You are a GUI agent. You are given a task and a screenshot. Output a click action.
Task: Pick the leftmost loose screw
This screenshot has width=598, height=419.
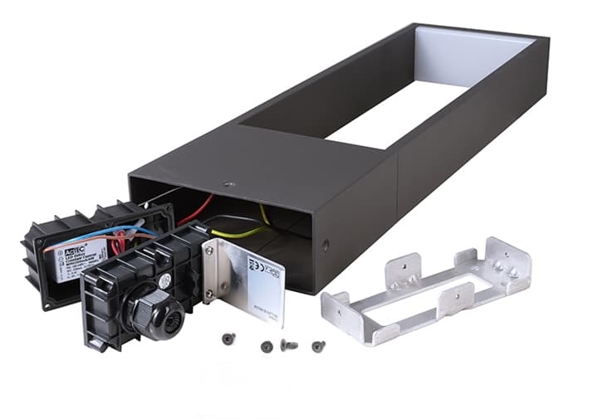click(x=228, y=339)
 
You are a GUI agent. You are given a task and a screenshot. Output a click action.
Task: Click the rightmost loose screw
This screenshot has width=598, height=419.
click(x=318, y=346)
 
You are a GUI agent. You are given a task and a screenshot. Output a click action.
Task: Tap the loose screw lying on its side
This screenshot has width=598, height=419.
click(x=288, y=344)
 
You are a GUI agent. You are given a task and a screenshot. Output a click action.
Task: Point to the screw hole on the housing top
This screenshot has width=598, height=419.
click(x=230, y=185)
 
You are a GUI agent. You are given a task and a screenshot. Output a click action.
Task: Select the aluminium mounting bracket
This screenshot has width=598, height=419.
click(x=428, y=286)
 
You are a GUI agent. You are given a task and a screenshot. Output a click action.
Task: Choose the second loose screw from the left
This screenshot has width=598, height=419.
click(x=267, y=347)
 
